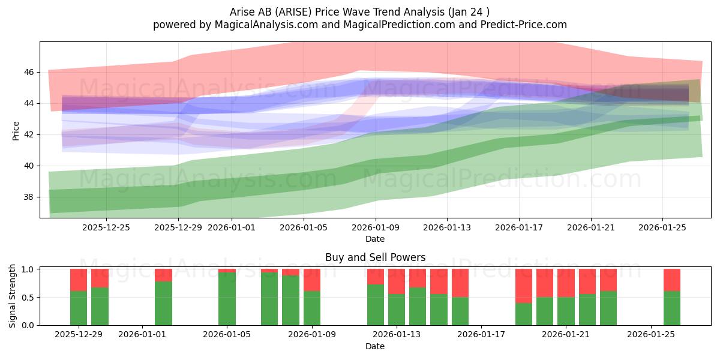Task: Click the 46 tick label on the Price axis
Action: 29,73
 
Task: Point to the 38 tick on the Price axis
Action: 29,197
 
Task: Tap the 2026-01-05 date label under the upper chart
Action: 304,227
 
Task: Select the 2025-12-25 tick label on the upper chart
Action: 106,227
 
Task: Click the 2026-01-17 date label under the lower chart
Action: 481,335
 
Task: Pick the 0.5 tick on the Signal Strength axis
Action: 28,298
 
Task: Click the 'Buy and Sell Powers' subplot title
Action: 375,257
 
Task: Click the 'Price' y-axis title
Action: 16,131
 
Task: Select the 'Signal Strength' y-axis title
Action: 12,296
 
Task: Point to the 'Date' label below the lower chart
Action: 375,346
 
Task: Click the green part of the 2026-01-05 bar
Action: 227,299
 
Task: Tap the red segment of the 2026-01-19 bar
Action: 524,286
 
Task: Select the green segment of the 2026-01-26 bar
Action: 672,308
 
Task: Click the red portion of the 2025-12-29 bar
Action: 79,280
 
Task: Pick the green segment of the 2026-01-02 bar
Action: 163,304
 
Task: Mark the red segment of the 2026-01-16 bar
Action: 460,283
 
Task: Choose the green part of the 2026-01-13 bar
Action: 397,310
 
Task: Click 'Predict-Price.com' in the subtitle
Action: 524,25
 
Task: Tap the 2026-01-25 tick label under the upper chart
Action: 662,227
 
